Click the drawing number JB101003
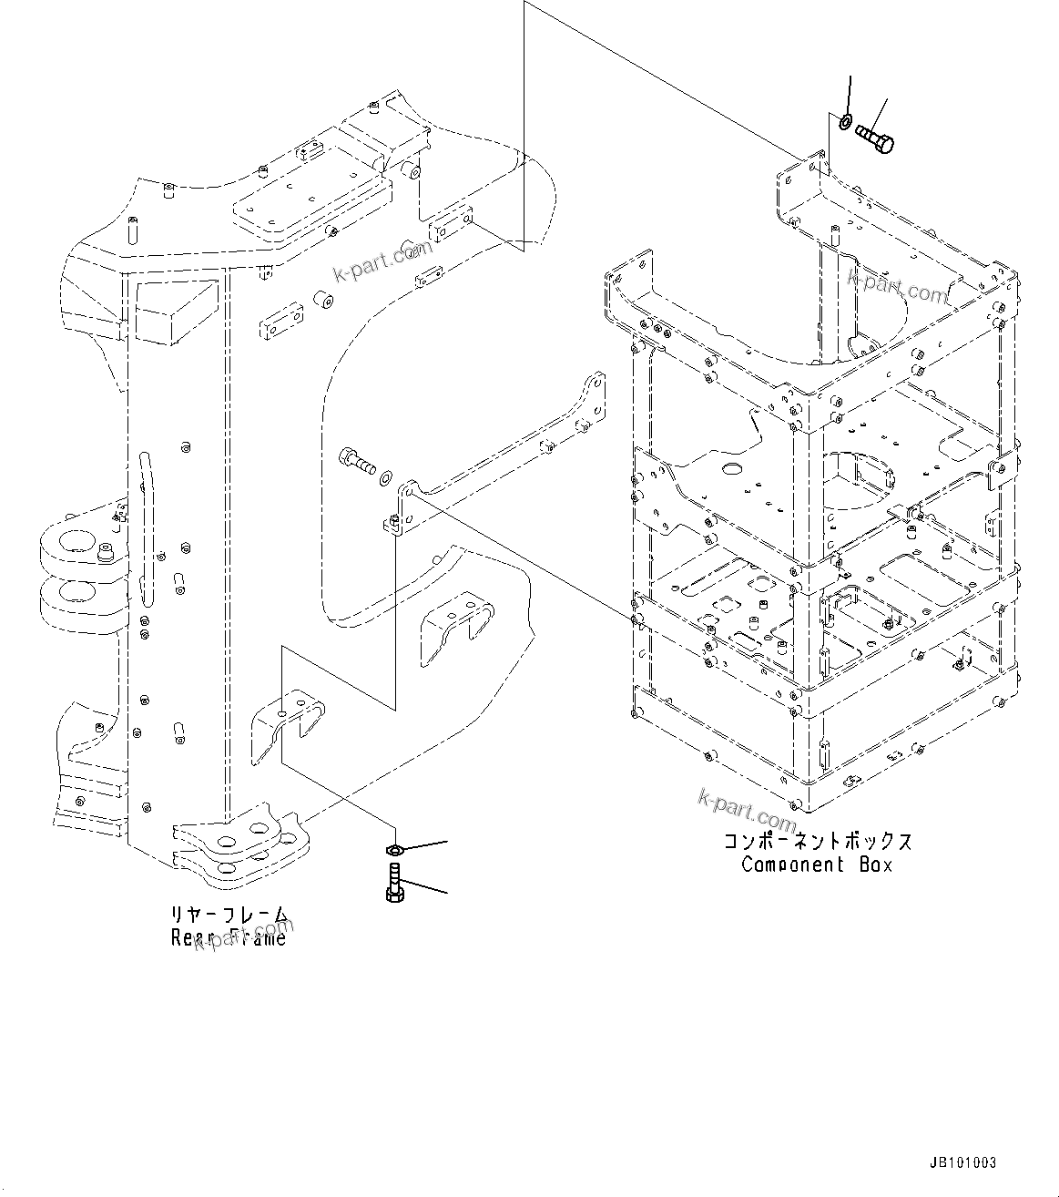(962, 1163)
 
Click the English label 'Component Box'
(817, 864)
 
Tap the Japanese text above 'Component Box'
(817, 841)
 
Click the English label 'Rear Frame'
(229, 937)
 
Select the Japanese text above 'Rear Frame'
(229, 914)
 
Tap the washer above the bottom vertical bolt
(393, 850)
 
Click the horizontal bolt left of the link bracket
(355, 460)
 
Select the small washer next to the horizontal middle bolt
(388, 475)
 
